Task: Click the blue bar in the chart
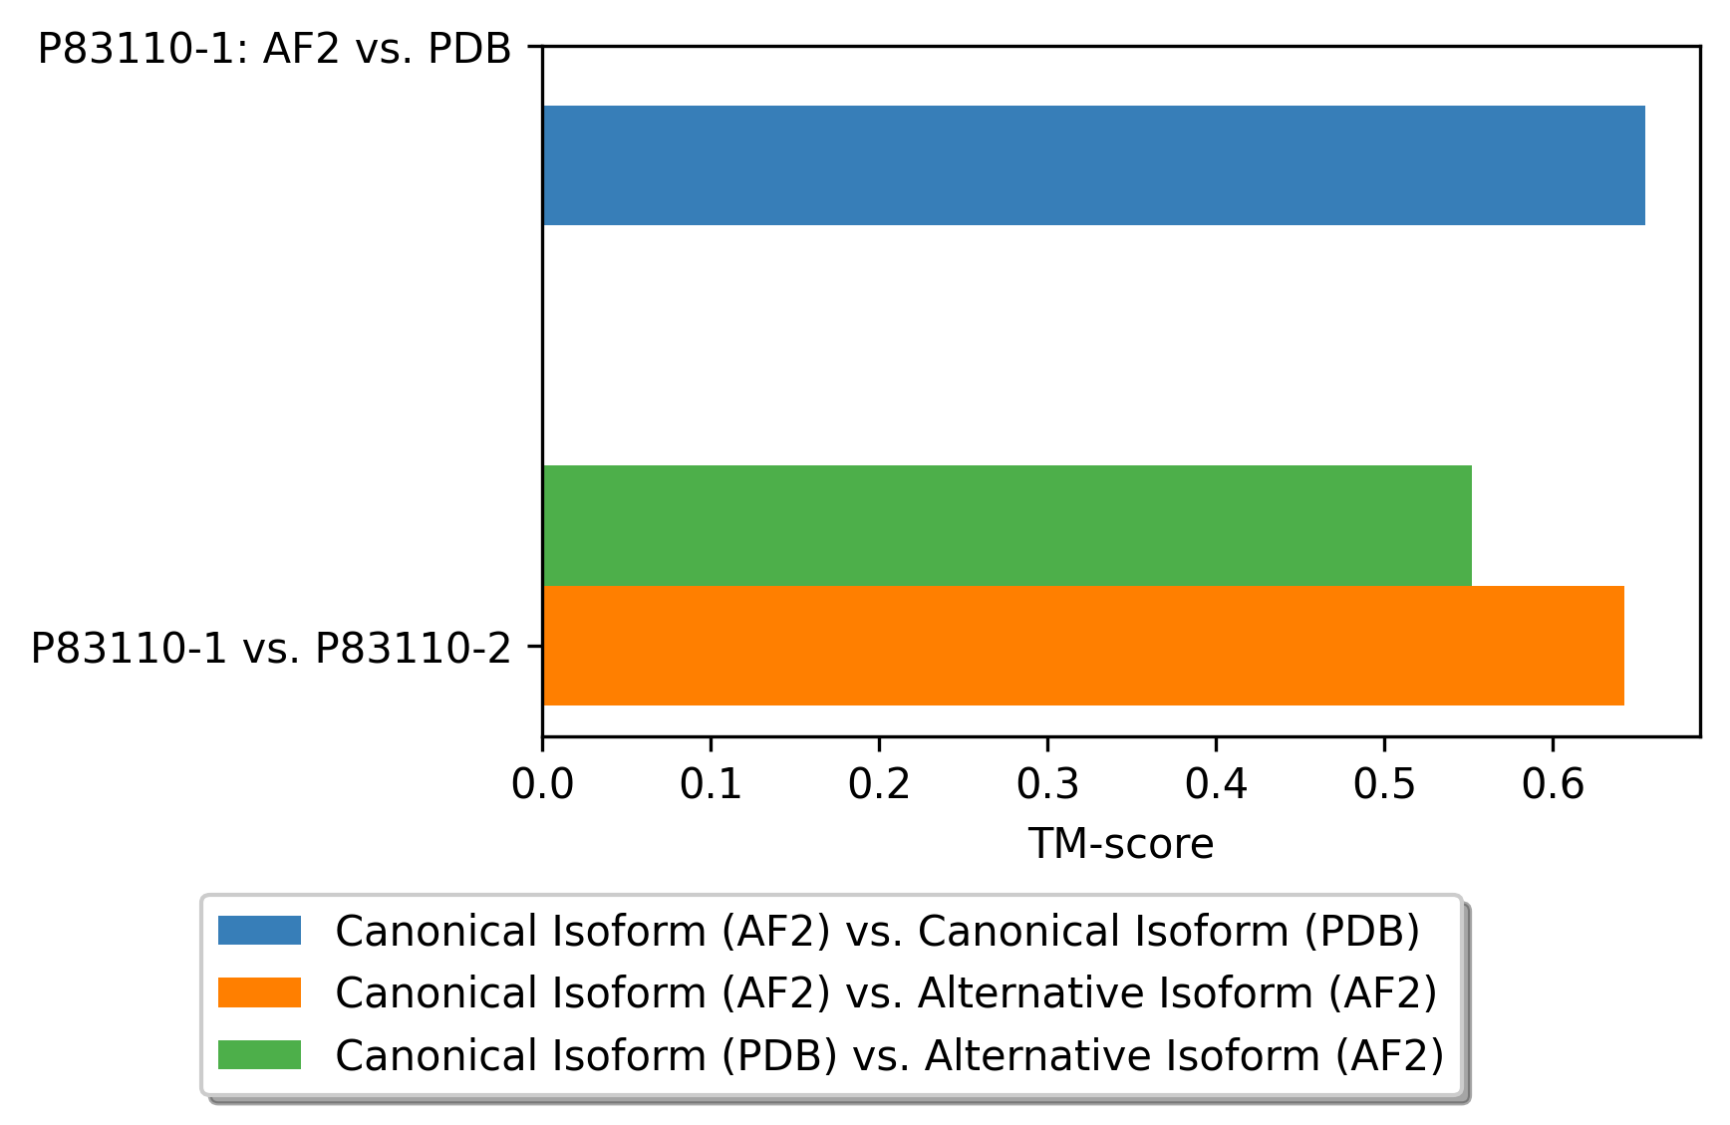coord(1093,165)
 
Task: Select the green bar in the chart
coord(1008,525)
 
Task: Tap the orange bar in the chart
coord(1083,646)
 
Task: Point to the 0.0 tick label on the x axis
coord(542,785)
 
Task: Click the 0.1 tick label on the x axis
coord(711,785)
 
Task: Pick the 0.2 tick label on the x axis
coord(879,785)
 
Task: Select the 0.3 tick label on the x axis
coord(1047,785)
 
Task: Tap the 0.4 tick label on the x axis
coord(1216,785)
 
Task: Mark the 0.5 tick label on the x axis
coord(1384,785)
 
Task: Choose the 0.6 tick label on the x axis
coord(1553,785)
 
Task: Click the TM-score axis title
coord(1121,844)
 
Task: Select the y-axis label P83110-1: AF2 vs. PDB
coord(274,48)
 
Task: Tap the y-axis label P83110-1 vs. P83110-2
coord(271,648)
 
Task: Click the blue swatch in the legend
coord(259,931)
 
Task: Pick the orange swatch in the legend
coord(259,992)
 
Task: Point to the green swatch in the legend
coord(259,1054)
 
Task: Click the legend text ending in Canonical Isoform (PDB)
coord(878,932)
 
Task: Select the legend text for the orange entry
coord(887,993)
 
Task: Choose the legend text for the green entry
coord(890,1055)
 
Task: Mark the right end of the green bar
coord(1472,525)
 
